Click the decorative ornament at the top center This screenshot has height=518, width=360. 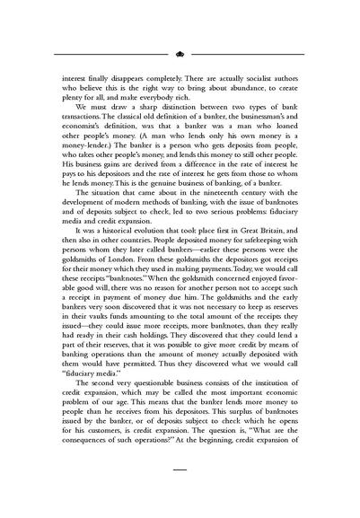coord(180,54)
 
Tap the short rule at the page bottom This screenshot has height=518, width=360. coord(180,468)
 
